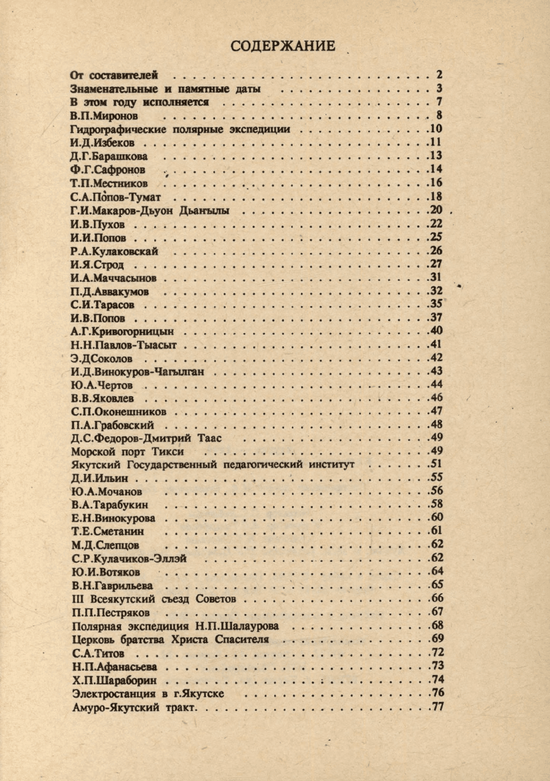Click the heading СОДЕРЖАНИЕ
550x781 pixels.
pos(283,47)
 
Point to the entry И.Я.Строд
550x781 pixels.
pos(98,265)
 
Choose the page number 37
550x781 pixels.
pos(436,317)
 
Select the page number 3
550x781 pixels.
pos(439,88)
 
